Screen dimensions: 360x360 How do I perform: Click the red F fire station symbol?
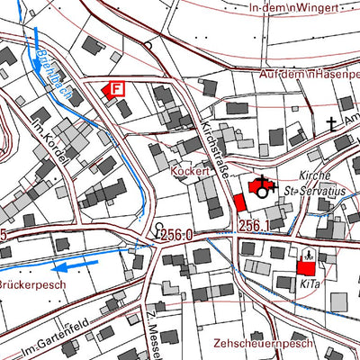point(114,89)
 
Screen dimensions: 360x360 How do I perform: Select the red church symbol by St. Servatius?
point(262,186)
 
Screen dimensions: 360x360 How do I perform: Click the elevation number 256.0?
point(178,234)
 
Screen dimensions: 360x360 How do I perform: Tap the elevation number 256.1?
point(255,225)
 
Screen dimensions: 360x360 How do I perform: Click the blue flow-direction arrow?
point(74,265)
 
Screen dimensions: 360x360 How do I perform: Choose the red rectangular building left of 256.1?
point(238,202)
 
